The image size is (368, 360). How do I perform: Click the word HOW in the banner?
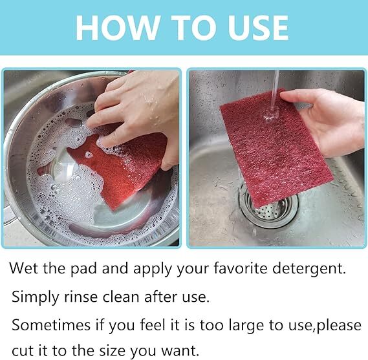(x=116, y=28)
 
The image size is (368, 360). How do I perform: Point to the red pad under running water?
(x=275, y=149)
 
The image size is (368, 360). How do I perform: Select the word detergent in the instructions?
(x=309, y=269)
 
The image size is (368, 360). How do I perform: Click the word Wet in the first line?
(x=23, y=268)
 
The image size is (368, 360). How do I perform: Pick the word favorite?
(x=241, y=268)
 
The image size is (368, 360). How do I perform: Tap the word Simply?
(x=35, y=297)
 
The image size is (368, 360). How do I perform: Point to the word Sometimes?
(x=51, y=325)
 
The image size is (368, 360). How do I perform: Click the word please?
(x=339, y=326)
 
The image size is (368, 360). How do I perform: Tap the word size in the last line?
(x=112, y=351)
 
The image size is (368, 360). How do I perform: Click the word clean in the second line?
(x=121, y=297)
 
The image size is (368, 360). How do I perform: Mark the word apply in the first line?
(x=153, y=270)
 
